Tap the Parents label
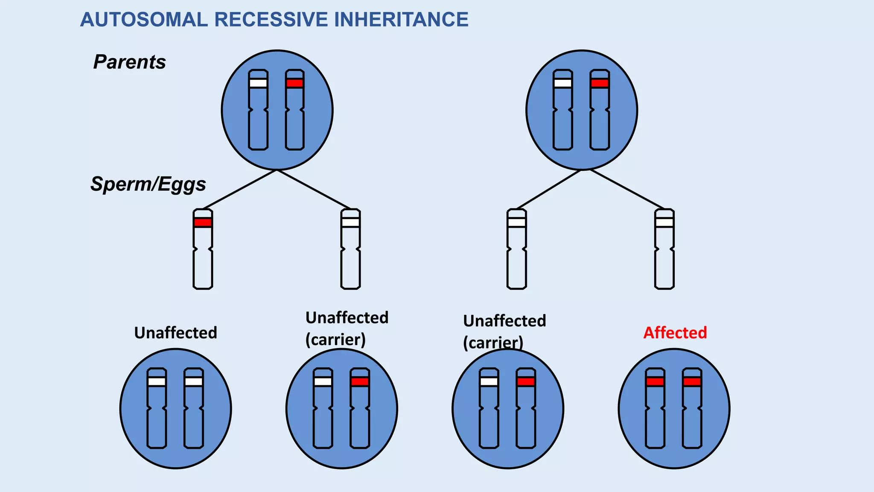(129, 62)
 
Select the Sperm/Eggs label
(148, 184)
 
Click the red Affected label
(675, 333)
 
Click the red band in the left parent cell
(295, 83)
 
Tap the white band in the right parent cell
(562, 83)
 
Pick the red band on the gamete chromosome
(203, 223)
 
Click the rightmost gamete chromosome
(664, 256)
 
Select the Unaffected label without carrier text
(175, 333)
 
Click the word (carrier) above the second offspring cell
(335, 340)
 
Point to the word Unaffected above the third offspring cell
(504, 321)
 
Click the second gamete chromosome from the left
(350, 256)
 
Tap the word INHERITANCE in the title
(401, 20)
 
